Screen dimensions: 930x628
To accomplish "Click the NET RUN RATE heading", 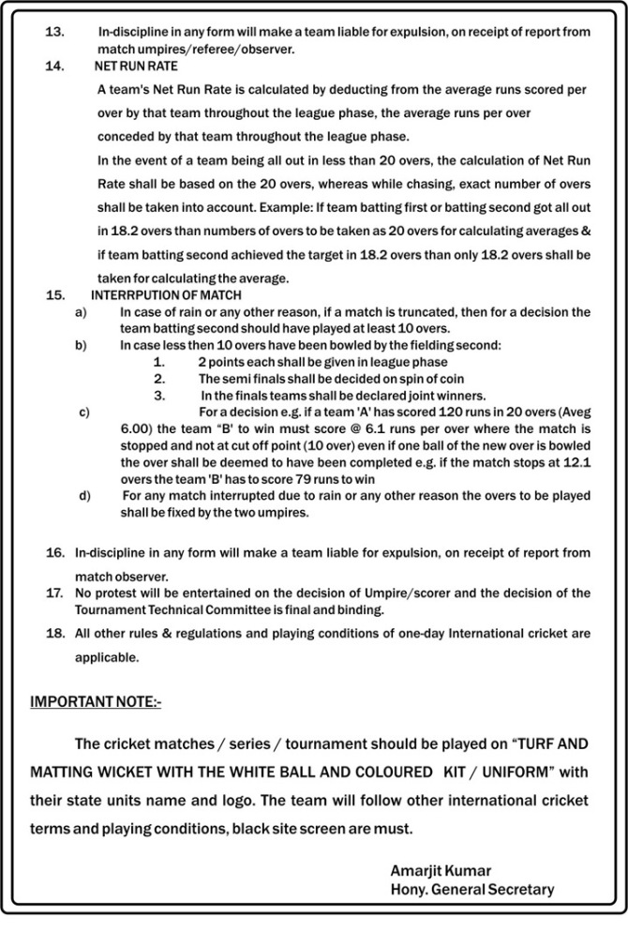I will click(x=136, y=68).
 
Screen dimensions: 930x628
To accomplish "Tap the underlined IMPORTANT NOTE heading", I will click(x=97, y=700).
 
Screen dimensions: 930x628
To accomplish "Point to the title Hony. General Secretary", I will click(x=471, y=889).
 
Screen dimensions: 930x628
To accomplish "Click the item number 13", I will click(x=54, y=31).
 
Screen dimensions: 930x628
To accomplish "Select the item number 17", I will click(x=55, y=592).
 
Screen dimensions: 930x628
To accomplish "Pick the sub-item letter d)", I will click(x=85, y=495).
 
